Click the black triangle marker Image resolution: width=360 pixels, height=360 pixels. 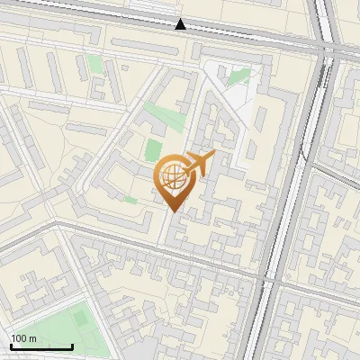pos(181,24)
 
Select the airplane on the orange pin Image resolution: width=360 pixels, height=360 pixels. pos(200,163)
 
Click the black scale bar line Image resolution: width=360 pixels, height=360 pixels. pos(41,346)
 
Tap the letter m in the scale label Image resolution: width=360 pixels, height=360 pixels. pos(33,338)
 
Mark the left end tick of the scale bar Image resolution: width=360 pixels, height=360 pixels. pos(11,345)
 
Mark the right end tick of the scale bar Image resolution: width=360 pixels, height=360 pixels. pos(72,345)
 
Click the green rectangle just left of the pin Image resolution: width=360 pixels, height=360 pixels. pos(154,149)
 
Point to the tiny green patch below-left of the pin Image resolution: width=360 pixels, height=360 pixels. pos(131,200)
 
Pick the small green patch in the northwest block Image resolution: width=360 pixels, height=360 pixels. pos(95,65)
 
